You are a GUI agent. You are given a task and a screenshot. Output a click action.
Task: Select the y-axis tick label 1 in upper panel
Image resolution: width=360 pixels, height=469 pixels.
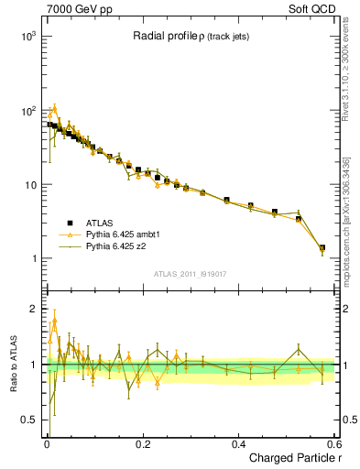point(32,259)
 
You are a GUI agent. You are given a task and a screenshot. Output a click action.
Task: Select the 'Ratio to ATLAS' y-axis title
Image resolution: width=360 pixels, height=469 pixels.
point(11,365)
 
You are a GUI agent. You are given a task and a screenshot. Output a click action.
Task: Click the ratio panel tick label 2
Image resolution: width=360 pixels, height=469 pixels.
point(32,310)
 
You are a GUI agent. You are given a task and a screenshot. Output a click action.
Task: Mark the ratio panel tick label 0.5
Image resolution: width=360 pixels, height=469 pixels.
point(27,420)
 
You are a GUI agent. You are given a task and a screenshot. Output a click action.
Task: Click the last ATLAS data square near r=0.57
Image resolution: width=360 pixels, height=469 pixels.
point(322,247)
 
